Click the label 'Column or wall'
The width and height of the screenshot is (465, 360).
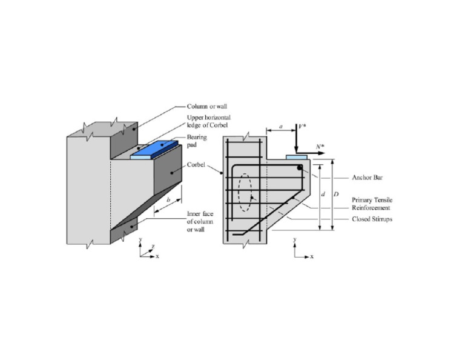[207, 106]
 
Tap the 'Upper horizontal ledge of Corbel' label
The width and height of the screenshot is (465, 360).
[208, 121]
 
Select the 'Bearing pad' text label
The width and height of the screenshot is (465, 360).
[197, 141]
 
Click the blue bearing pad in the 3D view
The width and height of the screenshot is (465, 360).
[154, 150]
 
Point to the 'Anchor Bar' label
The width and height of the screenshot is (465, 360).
[367, 178]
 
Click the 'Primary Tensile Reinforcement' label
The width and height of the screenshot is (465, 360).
[372, 204]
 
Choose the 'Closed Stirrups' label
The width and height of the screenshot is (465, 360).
[372, 219]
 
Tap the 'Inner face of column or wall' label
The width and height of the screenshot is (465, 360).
[200, 222]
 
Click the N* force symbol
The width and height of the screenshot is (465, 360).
[320, 147]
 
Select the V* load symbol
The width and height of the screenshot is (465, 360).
[303, 127]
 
